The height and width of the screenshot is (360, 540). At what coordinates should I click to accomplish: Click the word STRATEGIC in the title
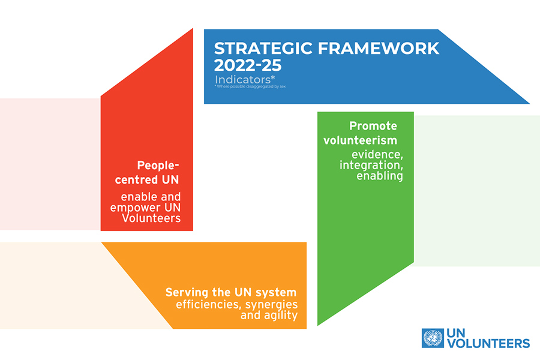point(263,48)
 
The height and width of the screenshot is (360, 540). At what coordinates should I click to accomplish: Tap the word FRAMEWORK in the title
point(379,48)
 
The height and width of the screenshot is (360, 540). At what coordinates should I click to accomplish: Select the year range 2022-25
point(248,65)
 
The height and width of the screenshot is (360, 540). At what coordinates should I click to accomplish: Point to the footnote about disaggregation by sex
point(250,86)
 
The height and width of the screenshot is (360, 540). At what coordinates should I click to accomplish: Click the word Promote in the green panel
point(373,126)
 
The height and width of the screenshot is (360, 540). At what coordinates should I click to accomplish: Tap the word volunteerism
point(360,140)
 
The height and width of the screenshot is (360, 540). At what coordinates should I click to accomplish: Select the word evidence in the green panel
point(377,155)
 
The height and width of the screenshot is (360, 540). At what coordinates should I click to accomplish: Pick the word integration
point(371,165)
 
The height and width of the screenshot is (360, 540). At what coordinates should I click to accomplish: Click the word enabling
point(380,176)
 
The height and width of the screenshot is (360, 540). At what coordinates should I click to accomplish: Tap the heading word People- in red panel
point(158,166)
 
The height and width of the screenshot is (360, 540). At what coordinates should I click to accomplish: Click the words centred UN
point(147,179)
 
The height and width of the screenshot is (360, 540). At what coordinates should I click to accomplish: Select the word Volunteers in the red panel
point(151,218)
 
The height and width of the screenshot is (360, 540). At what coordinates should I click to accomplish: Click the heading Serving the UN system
point(231,292)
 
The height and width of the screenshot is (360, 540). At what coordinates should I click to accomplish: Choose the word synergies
point(271,305)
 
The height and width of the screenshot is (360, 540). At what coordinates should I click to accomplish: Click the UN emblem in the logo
point(433,338)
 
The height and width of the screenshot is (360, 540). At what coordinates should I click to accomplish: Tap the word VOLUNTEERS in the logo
point(488,343)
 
